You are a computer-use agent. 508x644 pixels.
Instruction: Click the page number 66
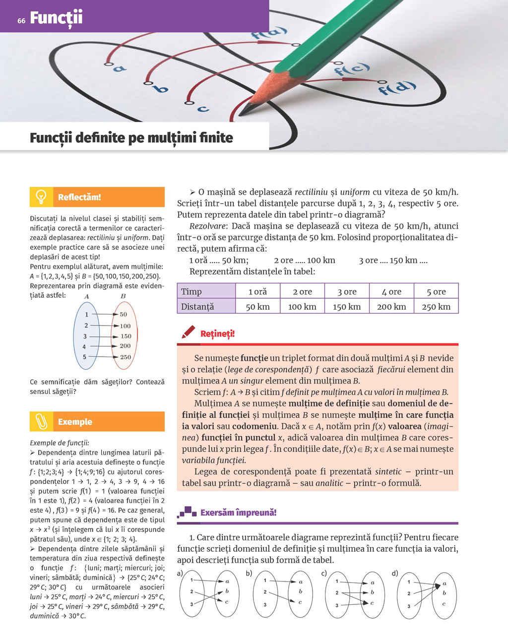point(21,20)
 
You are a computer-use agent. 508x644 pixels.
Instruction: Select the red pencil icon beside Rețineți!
point(188,332)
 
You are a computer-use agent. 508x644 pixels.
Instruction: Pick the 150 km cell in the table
point(347,307)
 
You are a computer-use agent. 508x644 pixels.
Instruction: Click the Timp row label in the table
point(191,292)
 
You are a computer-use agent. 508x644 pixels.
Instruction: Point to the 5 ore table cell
point(436,292)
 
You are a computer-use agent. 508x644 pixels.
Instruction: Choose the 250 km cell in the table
point(436,307)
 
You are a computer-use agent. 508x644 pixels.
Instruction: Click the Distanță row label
point(197,307)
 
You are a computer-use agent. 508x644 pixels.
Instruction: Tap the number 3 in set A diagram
point(85,336)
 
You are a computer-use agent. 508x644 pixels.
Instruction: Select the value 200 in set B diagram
point(125,346)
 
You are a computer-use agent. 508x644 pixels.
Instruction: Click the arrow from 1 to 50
point(103,315)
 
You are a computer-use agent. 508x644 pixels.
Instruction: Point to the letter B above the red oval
point(123,296)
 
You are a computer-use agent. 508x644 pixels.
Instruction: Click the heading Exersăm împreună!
point(238,513)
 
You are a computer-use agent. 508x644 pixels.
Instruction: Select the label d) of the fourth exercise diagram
point(395,574)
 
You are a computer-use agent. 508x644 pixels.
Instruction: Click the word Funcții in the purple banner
point(56,18)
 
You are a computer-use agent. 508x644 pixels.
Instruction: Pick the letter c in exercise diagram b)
point(300,602)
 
